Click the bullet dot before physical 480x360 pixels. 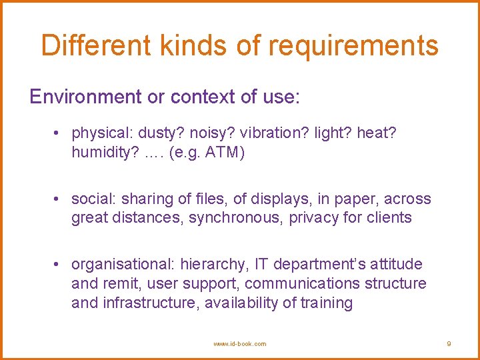coord(60,133)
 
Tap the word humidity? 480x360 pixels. coord(103,153)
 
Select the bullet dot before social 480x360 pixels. coord(60,199)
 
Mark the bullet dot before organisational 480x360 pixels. coord(60,265)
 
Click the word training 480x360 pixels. coord(327,303)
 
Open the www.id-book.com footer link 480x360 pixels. coord(239,344)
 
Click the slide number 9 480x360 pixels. coord(449,344)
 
